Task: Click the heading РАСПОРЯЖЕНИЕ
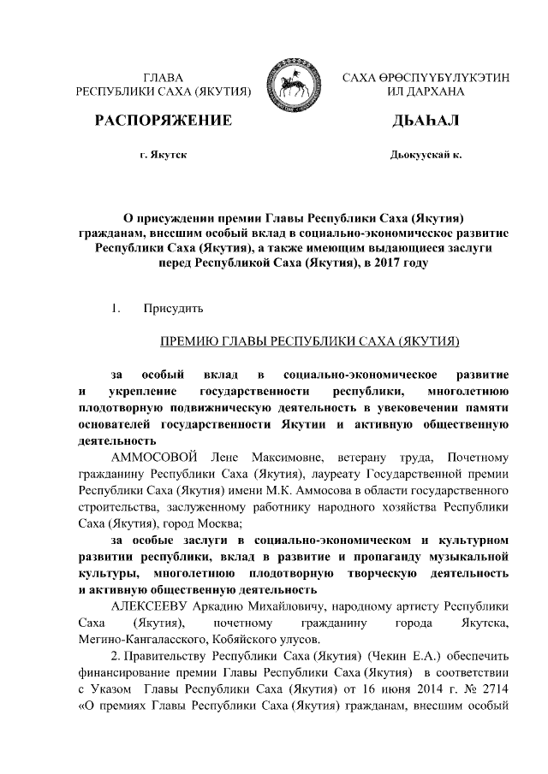pyautogui.click(x=164, y=121)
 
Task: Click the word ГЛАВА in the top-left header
pyautogui.click(x=163, y=77)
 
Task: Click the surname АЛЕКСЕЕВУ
pyautogui.click(x=152, y=606)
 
